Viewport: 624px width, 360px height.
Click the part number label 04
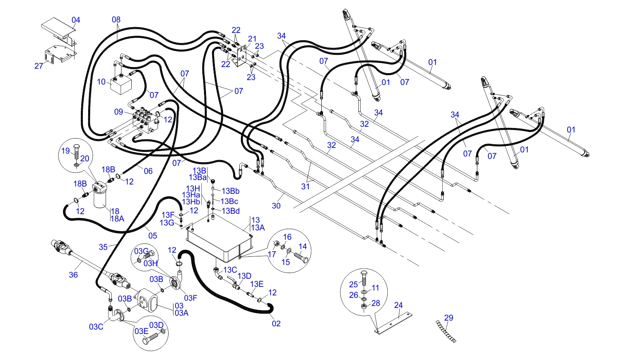(76, 20)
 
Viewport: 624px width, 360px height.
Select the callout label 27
(39, 66)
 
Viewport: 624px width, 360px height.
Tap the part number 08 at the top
(116, 20)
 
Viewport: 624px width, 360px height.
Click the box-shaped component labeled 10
(121, 85)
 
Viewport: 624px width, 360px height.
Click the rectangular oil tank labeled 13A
(219, 240)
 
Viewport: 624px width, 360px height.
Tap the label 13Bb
(230, 191)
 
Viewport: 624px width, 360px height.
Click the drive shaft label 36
(73, 275)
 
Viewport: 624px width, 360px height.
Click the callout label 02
(276, 323)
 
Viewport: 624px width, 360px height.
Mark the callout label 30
(276, 206)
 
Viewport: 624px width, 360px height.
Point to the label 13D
(245, 276)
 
